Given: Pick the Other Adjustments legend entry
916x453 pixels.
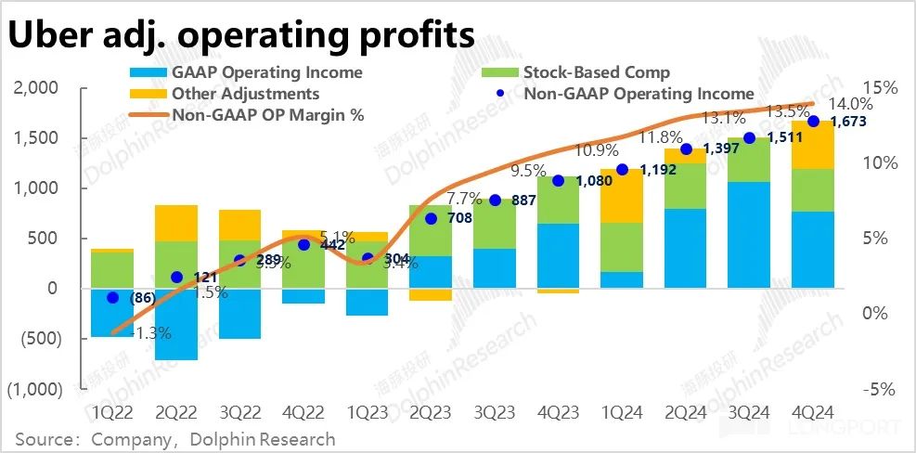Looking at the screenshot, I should coord(245,94).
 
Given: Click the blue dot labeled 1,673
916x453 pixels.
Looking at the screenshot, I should coord(814,122).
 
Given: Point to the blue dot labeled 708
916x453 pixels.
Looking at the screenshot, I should coord(431,219).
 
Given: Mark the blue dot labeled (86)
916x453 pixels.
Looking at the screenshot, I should coord(113,298).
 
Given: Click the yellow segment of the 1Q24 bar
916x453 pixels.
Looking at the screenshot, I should coord(621,196).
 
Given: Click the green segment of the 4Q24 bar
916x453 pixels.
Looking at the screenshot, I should coord(813,190).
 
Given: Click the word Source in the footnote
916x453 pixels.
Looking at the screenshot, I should coord(42,438).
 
